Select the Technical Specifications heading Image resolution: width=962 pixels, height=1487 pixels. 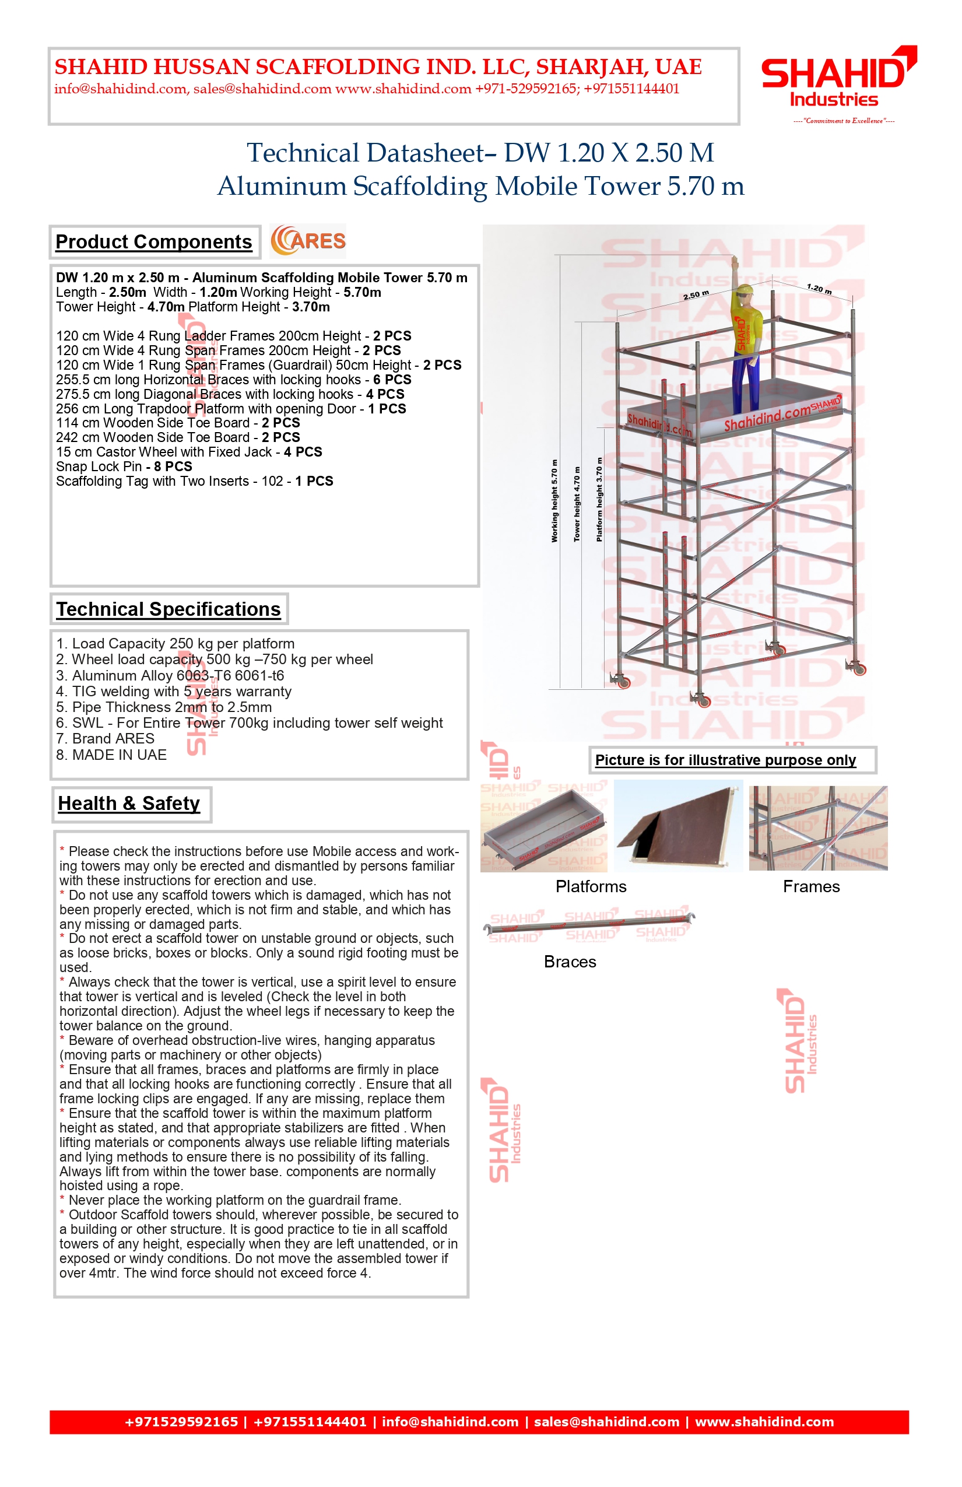coord(168,609)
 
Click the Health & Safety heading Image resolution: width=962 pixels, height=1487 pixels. coord(129,804)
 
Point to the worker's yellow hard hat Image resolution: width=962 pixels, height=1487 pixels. coord(744,290)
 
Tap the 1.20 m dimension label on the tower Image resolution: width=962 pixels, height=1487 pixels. coord(819,289)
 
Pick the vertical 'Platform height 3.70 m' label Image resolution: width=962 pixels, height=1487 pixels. coord(599,499)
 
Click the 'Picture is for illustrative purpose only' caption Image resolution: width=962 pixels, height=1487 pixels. coord(725,760)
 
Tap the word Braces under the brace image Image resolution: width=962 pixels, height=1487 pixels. coord(570,962)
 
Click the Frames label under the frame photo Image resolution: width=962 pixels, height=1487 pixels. coord(811,886)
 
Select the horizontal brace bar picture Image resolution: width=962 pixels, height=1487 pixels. coord(589,925)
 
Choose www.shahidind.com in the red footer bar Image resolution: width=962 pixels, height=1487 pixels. coord(764,1422)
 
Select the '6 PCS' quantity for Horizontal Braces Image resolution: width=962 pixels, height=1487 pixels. coord(392,380)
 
